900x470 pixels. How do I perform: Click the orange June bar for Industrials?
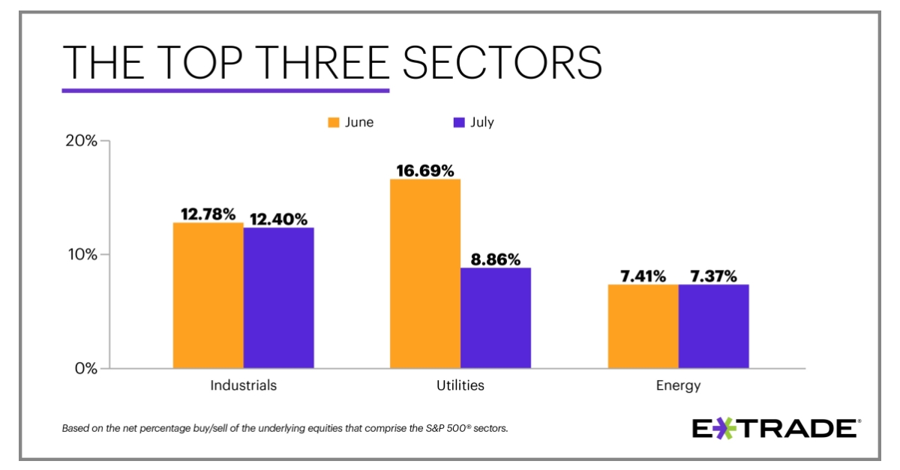208,295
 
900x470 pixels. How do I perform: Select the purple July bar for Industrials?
278,298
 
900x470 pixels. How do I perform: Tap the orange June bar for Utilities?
425,274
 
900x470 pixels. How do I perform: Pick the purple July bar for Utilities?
496,318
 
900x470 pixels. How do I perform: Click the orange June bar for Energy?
643,326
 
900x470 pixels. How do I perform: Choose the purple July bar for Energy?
713,326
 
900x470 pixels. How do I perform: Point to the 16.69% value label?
425,171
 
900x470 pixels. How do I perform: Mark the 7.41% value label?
643,276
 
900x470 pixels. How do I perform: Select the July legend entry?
474,122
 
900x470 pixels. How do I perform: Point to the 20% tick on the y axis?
82,140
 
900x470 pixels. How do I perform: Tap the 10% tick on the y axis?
82,254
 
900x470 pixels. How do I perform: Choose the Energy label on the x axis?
677,385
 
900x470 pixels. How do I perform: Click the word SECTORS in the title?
502,62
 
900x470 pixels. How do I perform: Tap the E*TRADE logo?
775,428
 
